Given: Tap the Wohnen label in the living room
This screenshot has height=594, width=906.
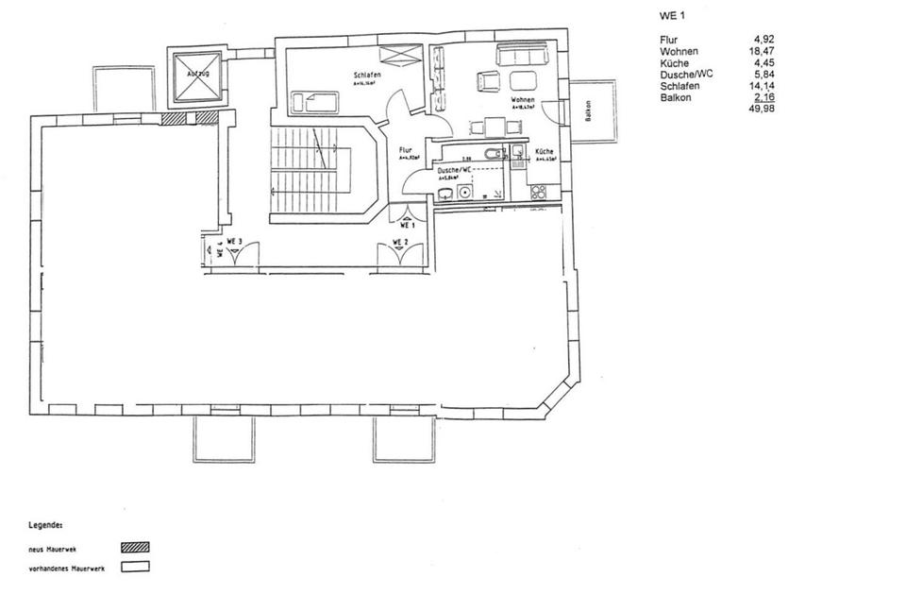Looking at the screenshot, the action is pos(523,99).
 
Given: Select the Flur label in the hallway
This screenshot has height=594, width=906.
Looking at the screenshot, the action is pos(406,149).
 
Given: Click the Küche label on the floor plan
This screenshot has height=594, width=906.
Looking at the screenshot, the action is pos(545,152).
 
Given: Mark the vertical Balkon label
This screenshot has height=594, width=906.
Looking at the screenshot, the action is pos(588,111).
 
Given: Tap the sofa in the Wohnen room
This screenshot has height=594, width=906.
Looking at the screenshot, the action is pos(520,57).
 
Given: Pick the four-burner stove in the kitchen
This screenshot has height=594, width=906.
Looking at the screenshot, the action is pos(539,193).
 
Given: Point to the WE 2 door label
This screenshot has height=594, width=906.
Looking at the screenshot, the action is pos(399,243).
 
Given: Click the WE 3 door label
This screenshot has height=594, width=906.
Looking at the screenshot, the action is pos(235,243).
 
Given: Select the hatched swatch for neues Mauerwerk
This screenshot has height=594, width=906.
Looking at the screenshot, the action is pos(135,546).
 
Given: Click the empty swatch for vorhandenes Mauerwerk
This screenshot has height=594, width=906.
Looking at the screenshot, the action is pos(135,568).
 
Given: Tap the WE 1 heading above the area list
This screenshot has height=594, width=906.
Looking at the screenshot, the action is pos(668,16).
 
